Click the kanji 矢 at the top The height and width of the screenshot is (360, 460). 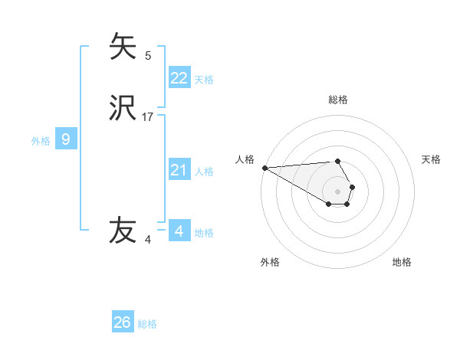point(123,46)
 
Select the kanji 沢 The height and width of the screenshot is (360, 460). point(123,110)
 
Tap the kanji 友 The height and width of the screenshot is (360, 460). point(123,230)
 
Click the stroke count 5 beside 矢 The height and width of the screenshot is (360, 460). point(148,55)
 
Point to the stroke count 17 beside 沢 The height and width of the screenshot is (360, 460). point(148,117)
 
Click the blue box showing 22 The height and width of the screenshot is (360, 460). point(179,78)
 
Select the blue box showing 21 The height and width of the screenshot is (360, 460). point(179,170)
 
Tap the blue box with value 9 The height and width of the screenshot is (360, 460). point(66,139)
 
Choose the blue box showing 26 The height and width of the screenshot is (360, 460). point(123,322)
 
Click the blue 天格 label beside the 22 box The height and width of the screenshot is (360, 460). point(204,80)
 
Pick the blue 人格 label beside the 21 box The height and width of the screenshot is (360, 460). point(204,172)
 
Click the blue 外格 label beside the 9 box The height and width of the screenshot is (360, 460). point(41,141)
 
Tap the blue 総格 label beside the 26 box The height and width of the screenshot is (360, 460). point(147,324)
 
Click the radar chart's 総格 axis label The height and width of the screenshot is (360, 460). point(338,100)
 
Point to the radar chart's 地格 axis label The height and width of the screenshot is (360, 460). point(402,262)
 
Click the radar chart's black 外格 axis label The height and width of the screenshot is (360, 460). point(270,262)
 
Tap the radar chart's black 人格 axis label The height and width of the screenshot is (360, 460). point(245,159)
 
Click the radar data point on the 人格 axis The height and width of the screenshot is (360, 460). point(264,167)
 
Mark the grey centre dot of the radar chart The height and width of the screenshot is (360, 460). point(338,191)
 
